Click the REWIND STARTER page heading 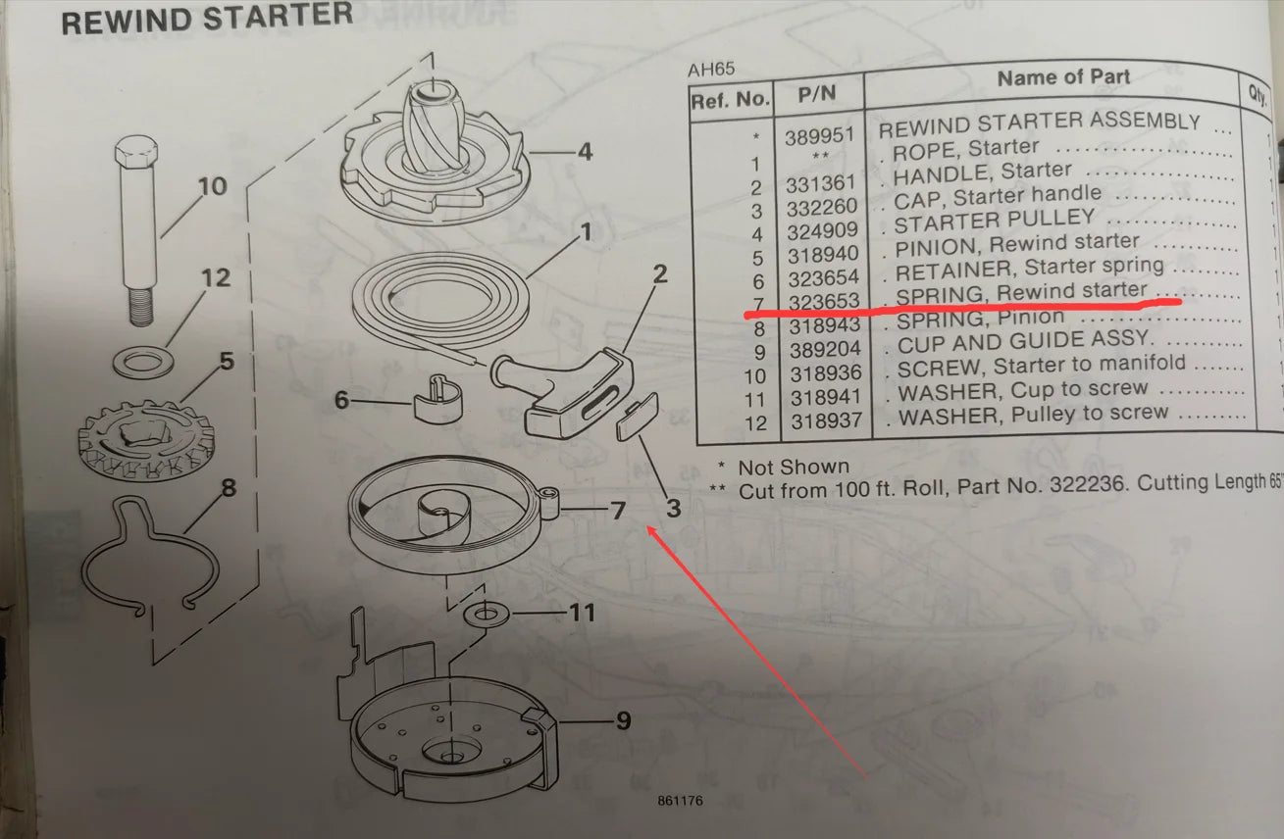coord(207,19)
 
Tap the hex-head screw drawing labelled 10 coord(137,229)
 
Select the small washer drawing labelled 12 coord(143,363)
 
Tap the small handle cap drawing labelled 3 coord(638,417)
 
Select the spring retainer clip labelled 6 coord(437,399)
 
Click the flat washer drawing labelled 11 coord(487,614)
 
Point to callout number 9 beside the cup coord(624,720)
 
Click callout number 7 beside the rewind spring coord(617,511)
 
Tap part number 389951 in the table coord(820,136)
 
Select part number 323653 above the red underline coord(824,301)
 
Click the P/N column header coord(817,94)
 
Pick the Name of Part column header coord(1063,77)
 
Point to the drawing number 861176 coord(680,801)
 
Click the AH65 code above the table coord(711,70)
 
